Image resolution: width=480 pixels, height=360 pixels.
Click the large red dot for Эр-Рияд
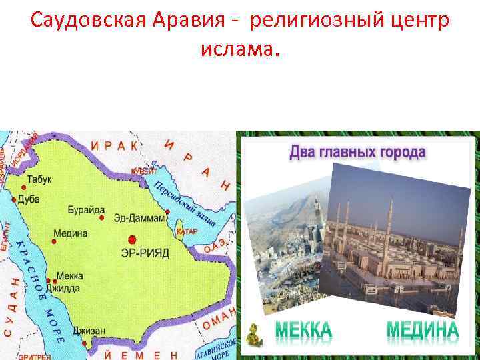point(132,239)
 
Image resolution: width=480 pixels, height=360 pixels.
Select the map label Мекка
point(70,275)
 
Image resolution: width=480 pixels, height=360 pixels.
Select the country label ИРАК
point(115,145)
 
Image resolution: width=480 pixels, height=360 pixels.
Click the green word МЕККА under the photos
point(303,331)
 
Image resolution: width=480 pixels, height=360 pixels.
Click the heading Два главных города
point(357,152)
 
